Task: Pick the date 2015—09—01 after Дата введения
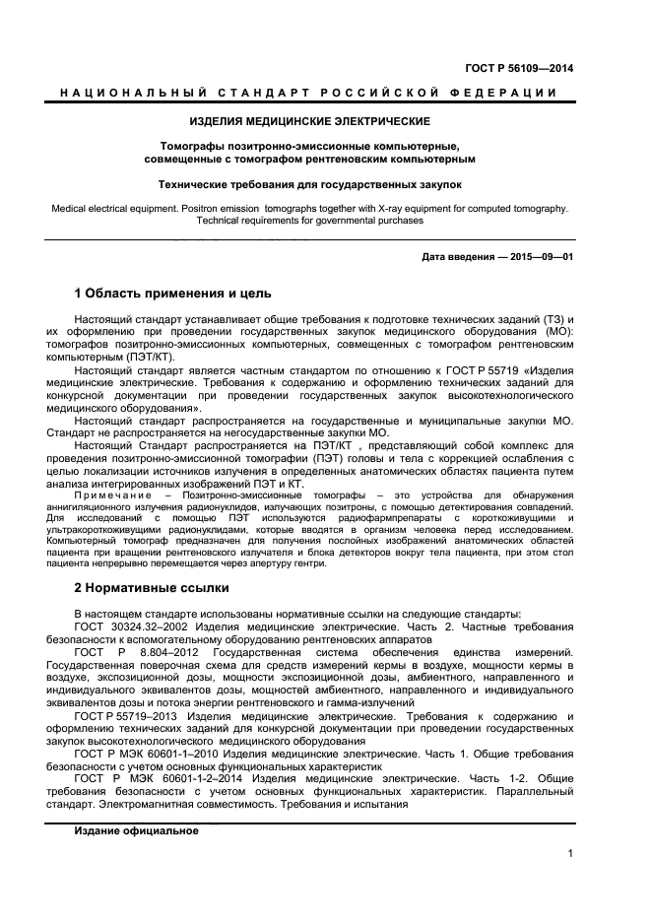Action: coord(541,257)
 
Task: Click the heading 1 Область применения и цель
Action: coord(172,294)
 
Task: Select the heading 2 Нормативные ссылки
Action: coord(152,588)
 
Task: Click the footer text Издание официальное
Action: coord(136,831)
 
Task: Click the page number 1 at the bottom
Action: coord(570,854)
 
